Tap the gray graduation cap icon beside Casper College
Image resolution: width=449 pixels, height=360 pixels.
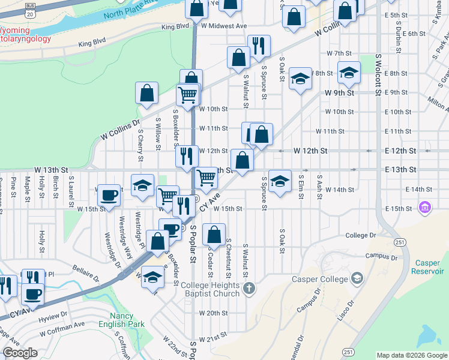coord(357,278)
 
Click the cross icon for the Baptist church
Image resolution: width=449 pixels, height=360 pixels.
coord(249,289)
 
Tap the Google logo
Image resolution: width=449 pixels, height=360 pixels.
coord(20,353)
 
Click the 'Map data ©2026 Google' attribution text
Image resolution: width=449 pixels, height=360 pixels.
coord(412,355)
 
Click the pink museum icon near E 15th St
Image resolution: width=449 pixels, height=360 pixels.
coord(425,208)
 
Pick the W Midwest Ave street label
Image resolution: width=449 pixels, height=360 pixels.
coord(224,26)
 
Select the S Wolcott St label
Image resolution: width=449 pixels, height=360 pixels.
coord(378,75)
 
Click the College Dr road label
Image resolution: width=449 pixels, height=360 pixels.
coord(360,236)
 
